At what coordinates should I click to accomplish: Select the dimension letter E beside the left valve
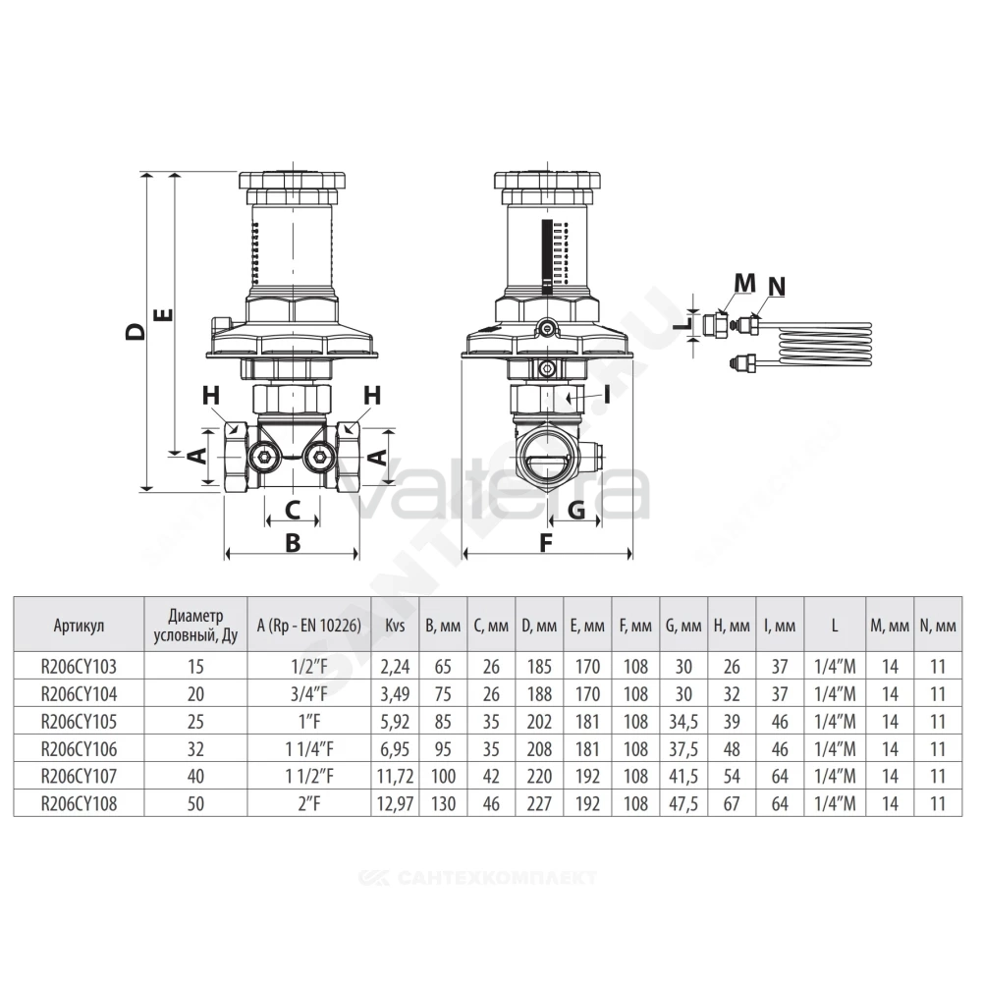[x=163, y=315]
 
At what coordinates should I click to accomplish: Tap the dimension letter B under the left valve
[x=293, y=542]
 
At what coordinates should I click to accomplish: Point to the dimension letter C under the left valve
[x=293, y=510]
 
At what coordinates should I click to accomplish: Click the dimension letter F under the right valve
[x=546, y=542]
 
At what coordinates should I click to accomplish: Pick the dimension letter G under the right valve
[x=575, y=510]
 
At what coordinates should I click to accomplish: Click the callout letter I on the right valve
[x=606, y=394]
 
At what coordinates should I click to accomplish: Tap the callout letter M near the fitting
[x=744, y=284]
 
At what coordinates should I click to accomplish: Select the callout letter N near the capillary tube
[x=777, y=286]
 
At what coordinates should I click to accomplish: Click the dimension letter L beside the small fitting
[x=686, y=324]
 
